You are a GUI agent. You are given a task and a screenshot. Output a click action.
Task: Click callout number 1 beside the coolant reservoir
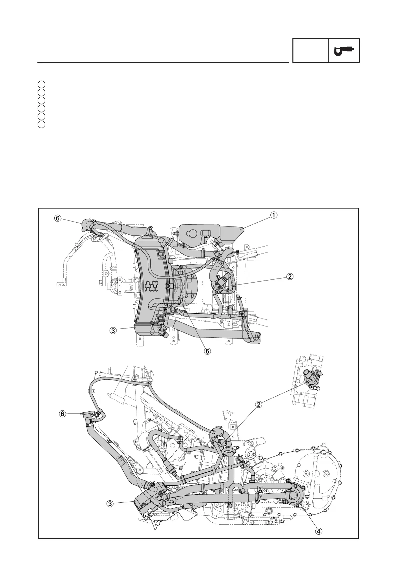click(273, 215)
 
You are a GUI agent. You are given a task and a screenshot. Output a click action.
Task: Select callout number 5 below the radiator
click(207, 351)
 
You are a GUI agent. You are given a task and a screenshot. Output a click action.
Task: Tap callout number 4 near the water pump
click(319, 531)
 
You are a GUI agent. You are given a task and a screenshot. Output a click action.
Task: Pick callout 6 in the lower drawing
click(62, 414)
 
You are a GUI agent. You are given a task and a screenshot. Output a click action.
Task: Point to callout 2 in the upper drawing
click(290, 276)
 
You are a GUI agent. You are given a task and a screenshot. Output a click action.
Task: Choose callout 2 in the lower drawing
click(258, 404)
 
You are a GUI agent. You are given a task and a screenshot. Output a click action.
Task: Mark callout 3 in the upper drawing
click(113, 331)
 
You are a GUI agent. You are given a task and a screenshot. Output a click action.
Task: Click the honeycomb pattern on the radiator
click(152, 286)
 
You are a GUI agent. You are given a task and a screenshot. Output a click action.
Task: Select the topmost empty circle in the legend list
click(41, 84)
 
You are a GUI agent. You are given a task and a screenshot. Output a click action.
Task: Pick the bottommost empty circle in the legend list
click(41, 124)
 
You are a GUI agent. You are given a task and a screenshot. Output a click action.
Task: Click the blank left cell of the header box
click(310, 50)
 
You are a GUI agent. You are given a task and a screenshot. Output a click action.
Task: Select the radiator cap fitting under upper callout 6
click(86, 225)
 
